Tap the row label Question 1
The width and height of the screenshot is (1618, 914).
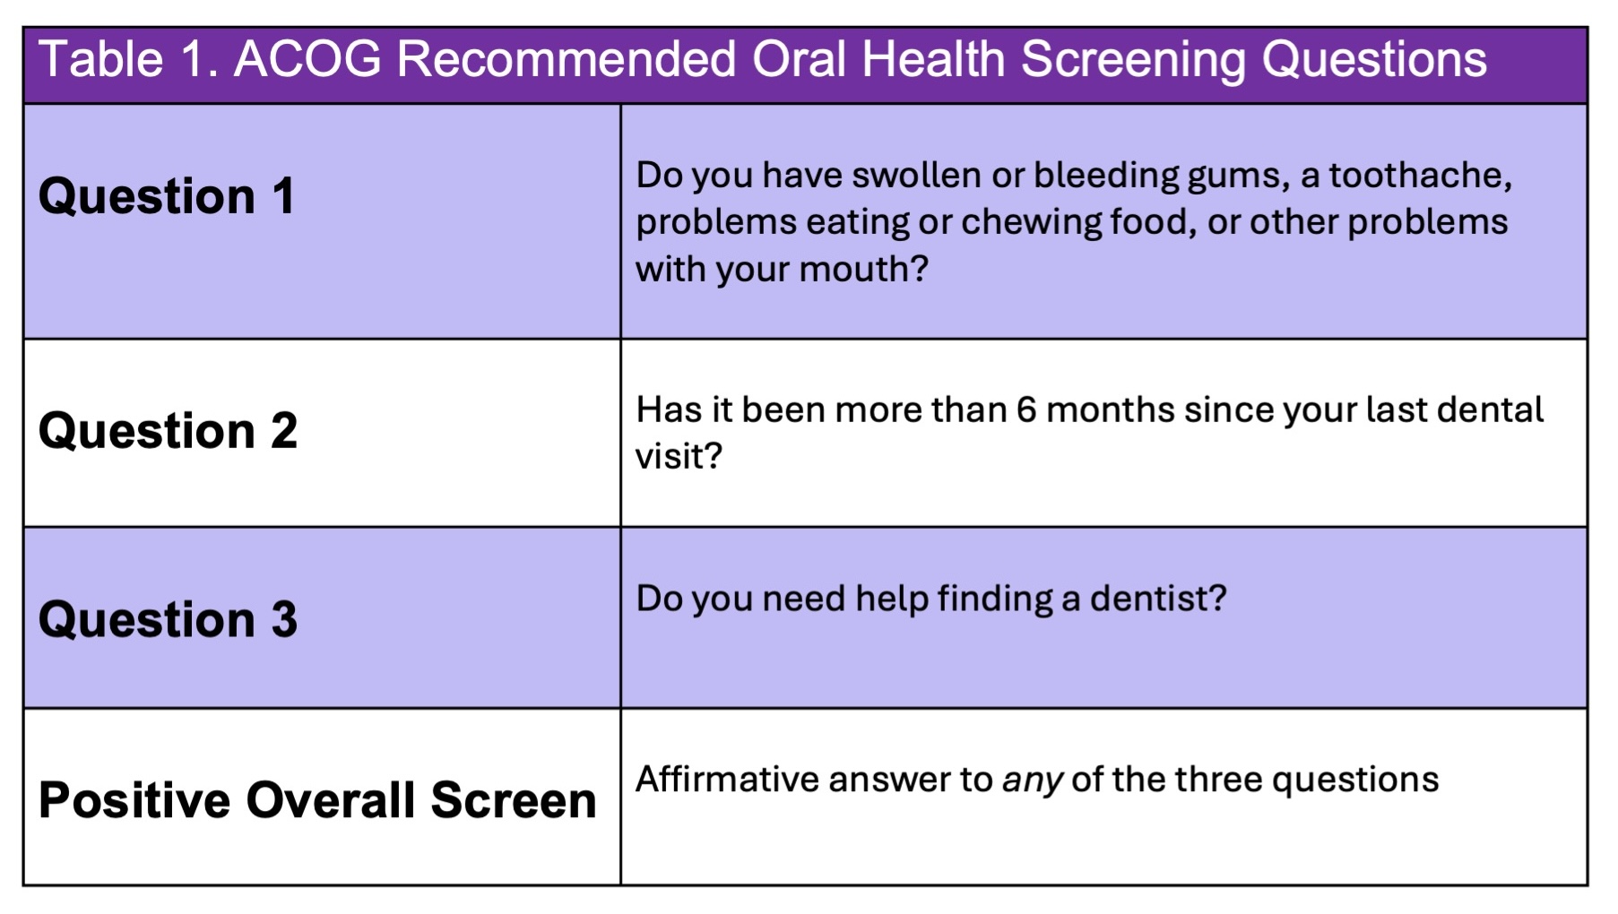tap(167, 196)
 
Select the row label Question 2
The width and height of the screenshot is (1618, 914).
tap(168, 431)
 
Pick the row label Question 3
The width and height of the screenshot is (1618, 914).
tap(168, 619)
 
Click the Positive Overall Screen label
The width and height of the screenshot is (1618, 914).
tap(317, 800)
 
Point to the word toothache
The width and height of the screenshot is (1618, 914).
tap(1420, 176)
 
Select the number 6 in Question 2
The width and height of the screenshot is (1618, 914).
tap(1026, 410)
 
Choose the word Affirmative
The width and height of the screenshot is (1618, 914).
tap(726, 780)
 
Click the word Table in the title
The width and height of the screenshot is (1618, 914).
tap(101, 59)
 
